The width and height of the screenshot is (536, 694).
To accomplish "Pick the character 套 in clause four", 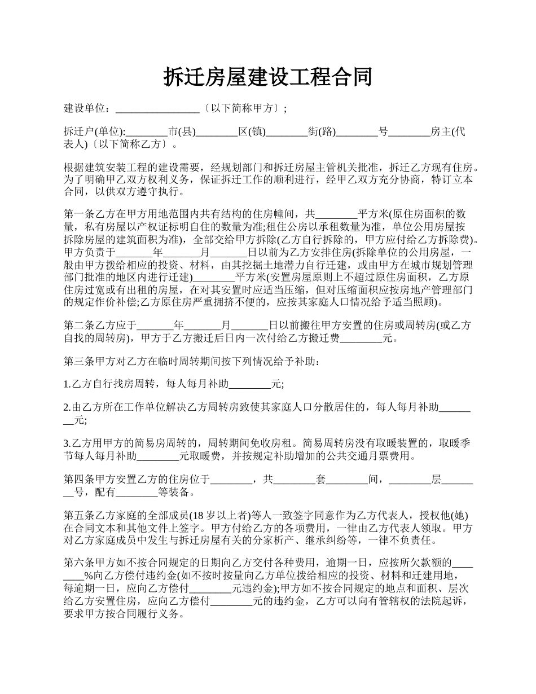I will coord(320,480).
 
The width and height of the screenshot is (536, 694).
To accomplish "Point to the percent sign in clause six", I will coord(88,576).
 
